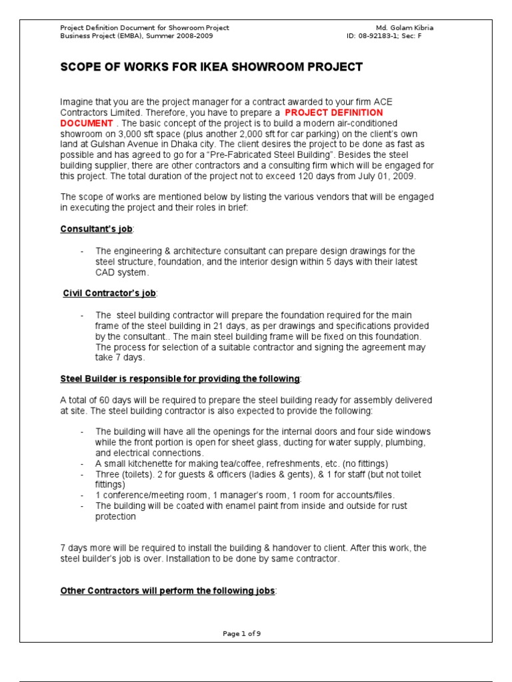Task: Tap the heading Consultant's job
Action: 97,229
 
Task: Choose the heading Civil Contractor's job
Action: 110,293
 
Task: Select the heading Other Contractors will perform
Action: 167,591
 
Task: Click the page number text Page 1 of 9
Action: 241,633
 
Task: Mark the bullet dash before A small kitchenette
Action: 81,464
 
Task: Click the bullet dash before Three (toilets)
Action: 81,474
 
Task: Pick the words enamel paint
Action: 234,506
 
